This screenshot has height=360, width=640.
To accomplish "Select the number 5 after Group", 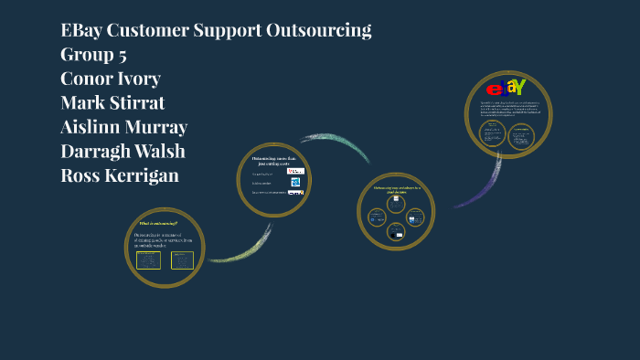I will [x=121, y=55].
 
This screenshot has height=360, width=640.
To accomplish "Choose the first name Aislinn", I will [x=97, y=127].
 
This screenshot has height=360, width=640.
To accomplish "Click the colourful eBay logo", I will [x=506, y=89].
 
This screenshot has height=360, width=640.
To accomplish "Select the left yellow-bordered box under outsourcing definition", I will [x=148, y=260].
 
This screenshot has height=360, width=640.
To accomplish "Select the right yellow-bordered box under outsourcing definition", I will [x=182, y=260].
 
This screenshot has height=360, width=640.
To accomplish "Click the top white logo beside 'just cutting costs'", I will [x=295, y=171].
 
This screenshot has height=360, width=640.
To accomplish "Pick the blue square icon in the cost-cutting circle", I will [x=295, y=181].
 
